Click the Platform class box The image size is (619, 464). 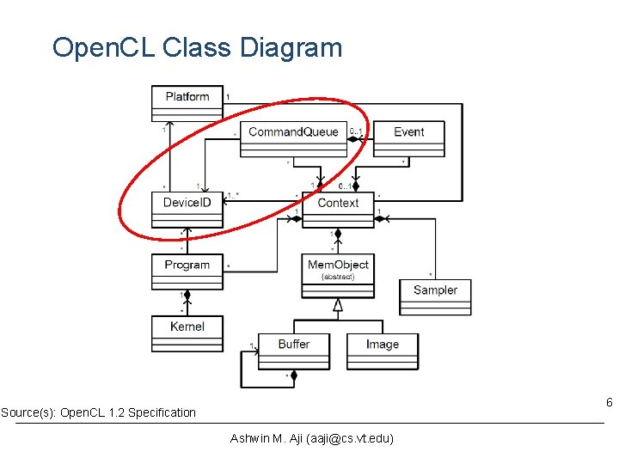187,103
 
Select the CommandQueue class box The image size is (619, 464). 293,137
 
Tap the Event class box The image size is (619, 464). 409,137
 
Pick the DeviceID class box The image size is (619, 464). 187,209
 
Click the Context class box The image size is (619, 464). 338,209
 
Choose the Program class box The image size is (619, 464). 187,271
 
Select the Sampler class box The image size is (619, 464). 435,296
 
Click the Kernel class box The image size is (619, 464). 187,327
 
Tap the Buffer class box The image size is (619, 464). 294,351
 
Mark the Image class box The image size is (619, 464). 383,351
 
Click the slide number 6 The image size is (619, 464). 609,403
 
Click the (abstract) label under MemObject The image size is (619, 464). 337,277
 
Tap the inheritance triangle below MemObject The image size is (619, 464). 338,305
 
